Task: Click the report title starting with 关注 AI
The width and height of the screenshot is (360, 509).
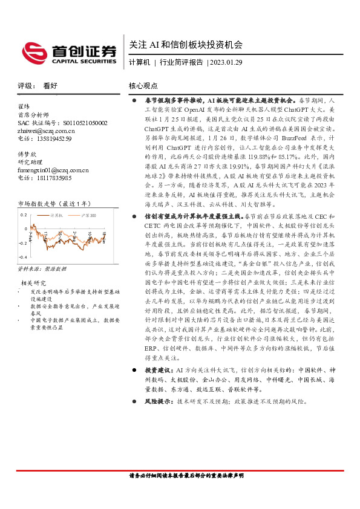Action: click(x=186, y=45)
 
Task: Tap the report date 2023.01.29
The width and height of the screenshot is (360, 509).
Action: click(x=226, y=62)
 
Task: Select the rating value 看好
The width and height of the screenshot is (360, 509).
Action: click(x=50, y=86)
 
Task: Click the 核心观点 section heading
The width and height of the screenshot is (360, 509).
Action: click(x=143, y=86)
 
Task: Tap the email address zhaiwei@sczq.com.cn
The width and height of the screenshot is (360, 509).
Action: click(x=47, y=131)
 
